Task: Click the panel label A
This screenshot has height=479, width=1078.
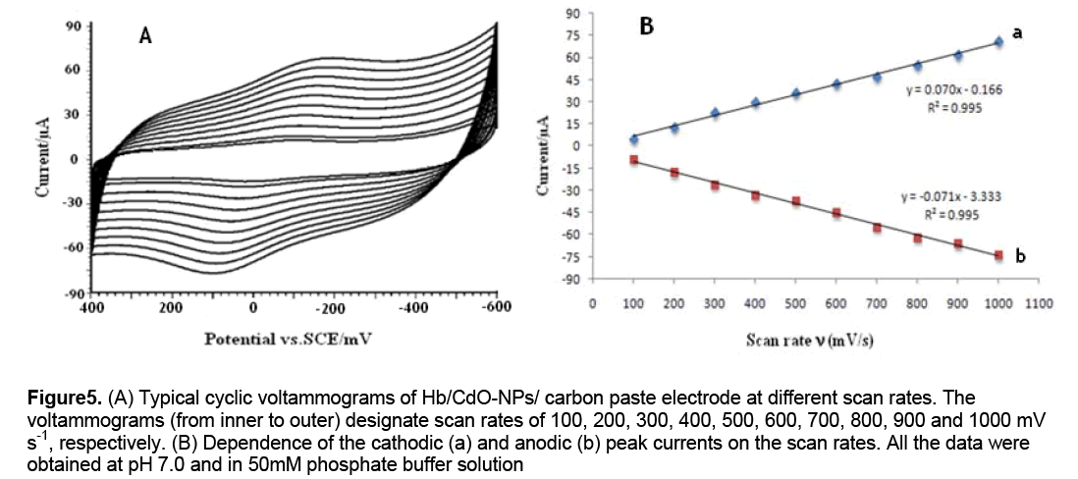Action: [x=145, y=37]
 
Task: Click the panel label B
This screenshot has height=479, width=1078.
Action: [x=646, y=27]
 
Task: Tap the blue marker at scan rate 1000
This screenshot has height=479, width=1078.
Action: [x=998, y=41]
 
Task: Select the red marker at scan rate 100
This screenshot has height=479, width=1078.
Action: [x=634, y=159]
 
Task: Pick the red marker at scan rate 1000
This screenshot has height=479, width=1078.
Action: [x=998, y=255]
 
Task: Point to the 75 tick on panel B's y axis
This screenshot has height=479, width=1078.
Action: [x=573, y=34]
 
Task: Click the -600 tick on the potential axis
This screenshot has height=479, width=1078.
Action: [x=498, y=305]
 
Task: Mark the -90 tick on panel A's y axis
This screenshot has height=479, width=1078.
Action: [x=74, y=293]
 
